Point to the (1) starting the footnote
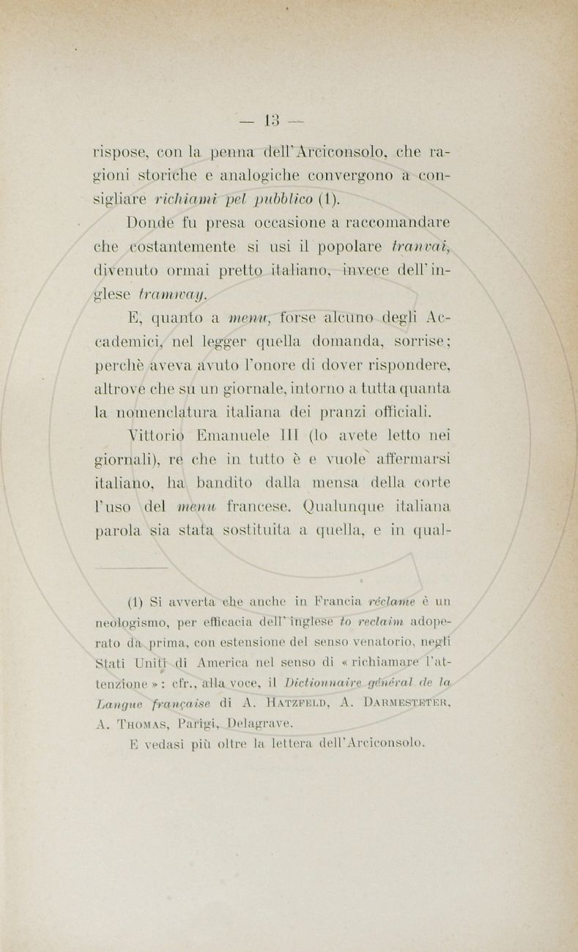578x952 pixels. click(138, 604)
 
